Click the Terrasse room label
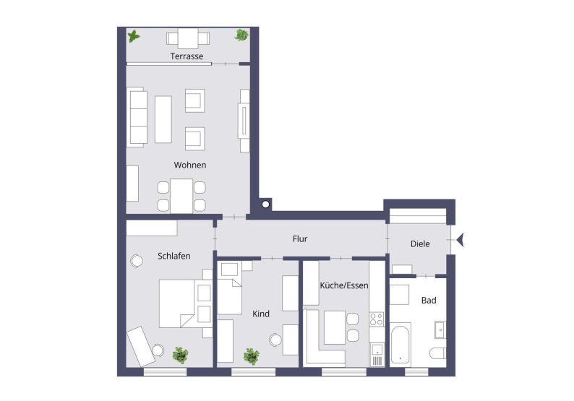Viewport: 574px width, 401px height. [187, 56]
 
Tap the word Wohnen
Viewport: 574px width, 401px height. [190, 165]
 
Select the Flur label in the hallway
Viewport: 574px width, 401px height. [301, 238]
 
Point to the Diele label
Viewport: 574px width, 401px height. [420, 243]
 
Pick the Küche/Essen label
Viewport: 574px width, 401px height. [344, 285]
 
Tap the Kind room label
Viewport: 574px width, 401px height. [260, 314]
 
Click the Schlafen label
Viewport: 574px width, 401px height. [174, 255]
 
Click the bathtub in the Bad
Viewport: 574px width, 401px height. [401, 344]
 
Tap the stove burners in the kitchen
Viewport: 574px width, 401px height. [376, 319]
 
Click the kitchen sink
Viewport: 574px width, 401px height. [376, 353]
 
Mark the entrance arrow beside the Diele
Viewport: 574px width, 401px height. [461, 240]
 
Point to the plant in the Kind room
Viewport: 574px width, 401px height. [252, 355]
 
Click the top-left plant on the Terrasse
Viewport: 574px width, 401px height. [134, 35]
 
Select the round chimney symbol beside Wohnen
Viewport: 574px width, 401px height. [265, 205]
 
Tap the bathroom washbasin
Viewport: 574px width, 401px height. [440, 330]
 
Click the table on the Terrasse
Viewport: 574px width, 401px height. [188, 38]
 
